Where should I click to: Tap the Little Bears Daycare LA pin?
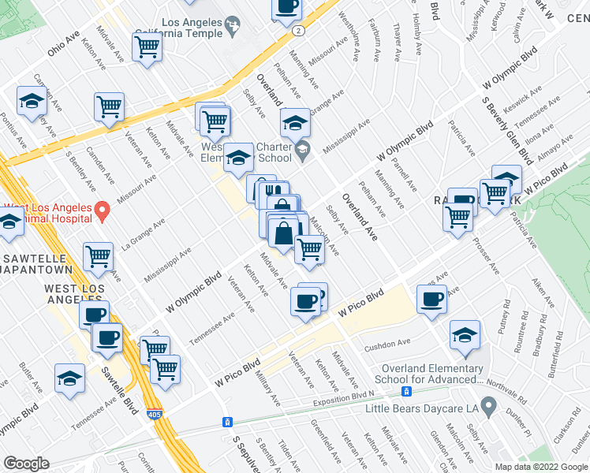click(x=488, y=408)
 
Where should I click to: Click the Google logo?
click(x=27, y=464)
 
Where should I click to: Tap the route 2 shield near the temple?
click(x=298, y=30)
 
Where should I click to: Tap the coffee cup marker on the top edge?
click(x=287, y=8)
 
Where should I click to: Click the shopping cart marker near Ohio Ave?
click(x=147, y=48)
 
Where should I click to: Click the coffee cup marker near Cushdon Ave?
click(x=431, y=300)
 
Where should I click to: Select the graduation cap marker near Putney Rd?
click(x=465, y=335)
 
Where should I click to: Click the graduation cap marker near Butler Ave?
click(x=70, y=378)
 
